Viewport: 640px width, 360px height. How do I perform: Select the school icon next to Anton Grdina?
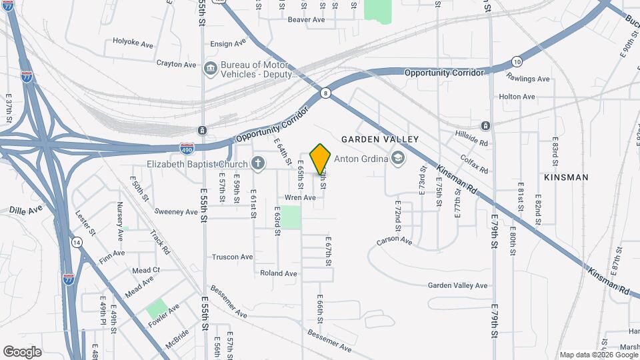click(x=398, y=158)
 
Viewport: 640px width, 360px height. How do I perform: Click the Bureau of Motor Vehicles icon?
click(x=211, y=69)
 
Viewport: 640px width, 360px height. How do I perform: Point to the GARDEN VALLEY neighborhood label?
click(x=380, y=139)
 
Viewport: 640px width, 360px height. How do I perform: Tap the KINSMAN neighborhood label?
click(x=566, y=177)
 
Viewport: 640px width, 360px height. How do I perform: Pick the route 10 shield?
click(x=517, y=62)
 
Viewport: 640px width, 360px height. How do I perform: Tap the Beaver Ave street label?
click(x=306, y=20)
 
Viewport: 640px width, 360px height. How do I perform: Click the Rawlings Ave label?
click(x=527, y=79)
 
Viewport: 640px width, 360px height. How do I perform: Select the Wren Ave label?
click(x=300, y=198)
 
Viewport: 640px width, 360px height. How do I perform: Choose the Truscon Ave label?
click(x=233, y=257)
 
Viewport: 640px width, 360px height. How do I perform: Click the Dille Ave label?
click(x=26, y=209)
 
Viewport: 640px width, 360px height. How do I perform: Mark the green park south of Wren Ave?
click(x=291, y=217)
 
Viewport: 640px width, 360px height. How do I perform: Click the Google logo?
click(x=23, y=351)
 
